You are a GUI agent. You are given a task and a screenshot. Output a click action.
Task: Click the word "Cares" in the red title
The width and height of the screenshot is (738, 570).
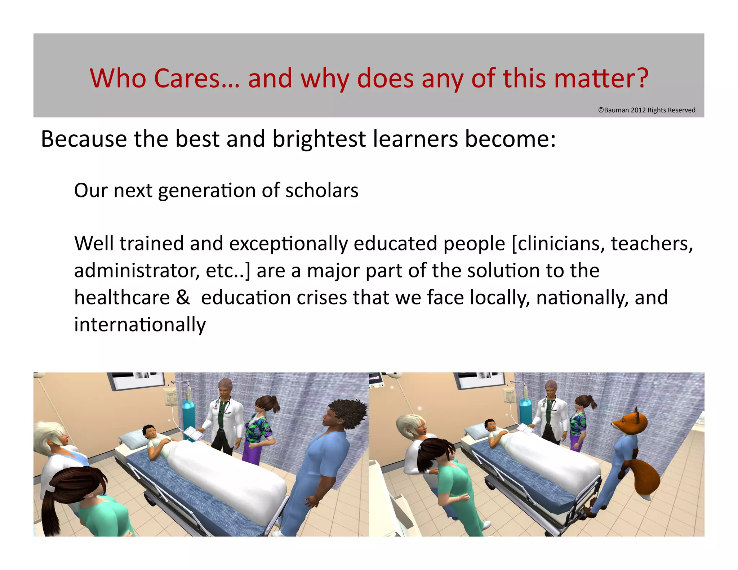click(x=187, y=78)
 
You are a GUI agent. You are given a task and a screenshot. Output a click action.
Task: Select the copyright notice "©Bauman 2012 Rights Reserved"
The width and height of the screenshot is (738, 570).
click(x=646, y=110)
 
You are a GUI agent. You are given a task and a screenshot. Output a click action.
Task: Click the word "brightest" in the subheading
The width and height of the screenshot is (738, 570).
click(x=319, y=139)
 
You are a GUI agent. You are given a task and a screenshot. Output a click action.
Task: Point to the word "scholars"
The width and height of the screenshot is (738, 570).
click(x=322, y=190)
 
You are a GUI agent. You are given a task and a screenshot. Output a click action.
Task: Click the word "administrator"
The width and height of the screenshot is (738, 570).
click(x=136, y=271)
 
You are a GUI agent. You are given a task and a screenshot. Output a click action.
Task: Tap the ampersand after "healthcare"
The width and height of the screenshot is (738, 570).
click(x=183, y=298)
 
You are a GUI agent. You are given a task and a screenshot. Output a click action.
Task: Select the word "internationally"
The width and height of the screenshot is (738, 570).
click(x=140, y=325)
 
